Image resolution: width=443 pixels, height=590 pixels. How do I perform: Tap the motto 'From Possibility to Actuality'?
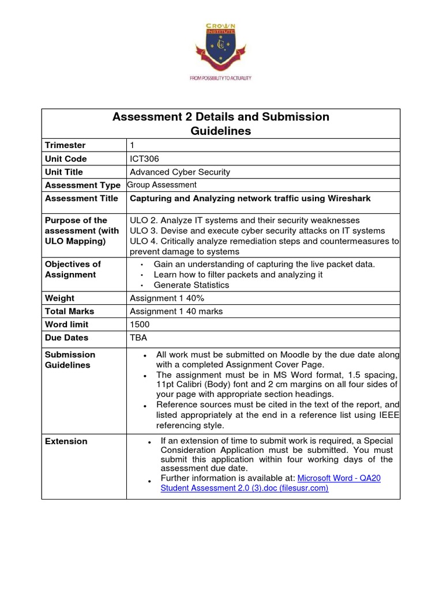point(220,77)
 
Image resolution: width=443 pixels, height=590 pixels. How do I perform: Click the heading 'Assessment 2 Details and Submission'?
point(220,117)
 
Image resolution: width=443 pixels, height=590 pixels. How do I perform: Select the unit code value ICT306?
point(145,159)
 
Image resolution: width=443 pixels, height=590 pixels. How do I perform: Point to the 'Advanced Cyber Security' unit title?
point(180,172)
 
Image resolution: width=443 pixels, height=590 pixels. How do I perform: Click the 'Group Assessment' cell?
point(162,185)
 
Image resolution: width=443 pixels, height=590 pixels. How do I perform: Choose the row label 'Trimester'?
point(65,146)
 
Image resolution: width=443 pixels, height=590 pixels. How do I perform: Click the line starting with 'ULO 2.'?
point(245,221)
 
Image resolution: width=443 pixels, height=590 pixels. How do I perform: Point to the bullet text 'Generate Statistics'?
point(191,285)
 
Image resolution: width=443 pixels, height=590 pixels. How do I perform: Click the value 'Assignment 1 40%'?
point(167,298)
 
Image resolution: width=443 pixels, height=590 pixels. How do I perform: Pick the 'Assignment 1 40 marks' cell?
point(176,312)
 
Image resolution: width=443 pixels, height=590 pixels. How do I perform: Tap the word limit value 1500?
point(140,325)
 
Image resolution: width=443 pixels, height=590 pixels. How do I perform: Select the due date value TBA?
point(139,338)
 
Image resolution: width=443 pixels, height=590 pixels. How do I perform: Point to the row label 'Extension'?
point(66,441)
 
